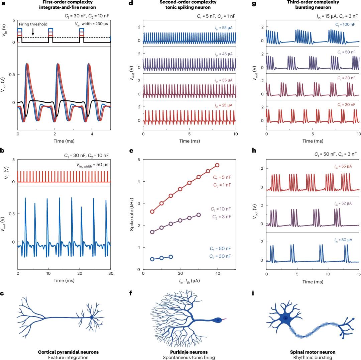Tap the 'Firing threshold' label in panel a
[x=33, y=24]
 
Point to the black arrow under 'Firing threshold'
[x=33, y=32]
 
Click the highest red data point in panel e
[x=217, y=165]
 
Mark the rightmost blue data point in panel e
[x=171, y=257]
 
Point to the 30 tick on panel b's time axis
[x=111, y=274]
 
